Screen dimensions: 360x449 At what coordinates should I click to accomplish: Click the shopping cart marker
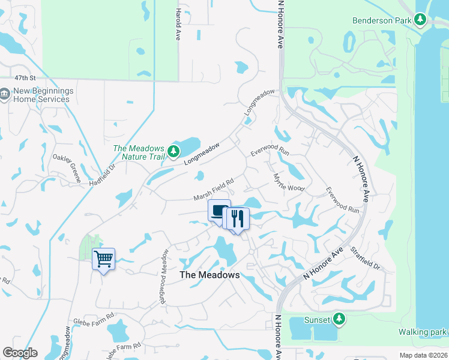click(103, 259)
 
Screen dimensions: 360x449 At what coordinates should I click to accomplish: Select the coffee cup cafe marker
click(219, 211)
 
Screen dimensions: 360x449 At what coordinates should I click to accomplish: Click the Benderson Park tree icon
click(420, 20)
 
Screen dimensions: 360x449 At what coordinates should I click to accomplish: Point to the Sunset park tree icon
click(339, 318)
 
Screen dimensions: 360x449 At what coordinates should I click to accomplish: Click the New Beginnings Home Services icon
click(5, 94)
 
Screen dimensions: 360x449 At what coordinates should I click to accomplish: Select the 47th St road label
click(26, 78)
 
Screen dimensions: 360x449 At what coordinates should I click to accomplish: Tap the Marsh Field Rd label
click(213, 190)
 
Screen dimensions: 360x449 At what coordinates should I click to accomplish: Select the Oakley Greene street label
click(67, 167)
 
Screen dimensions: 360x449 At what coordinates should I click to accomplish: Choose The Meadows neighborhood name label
click(209, 275)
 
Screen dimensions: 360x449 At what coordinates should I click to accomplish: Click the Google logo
click(20, 353)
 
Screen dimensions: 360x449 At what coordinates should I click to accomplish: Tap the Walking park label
click(423, 332)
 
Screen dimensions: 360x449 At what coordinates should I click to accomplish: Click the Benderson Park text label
click(382, 20)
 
